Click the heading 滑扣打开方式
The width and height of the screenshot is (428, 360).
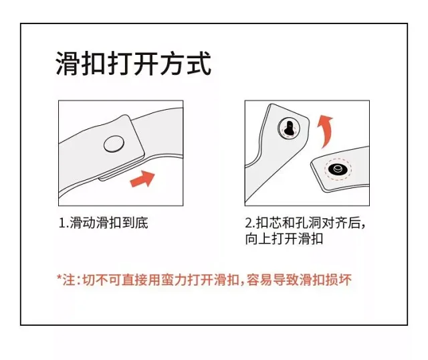(x=134, y=64)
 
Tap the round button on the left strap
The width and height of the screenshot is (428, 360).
(x=114, y=144)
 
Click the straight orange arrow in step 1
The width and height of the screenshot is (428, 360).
(x=142, y=179)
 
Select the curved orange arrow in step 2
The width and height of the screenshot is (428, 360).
(x=325, y=131)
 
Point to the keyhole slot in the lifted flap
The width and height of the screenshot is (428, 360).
(x=288, y=128)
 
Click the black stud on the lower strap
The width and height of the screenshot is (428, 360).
(x=337, y=169)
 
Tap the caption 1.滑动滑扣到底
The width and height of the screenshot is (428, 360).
(x=104, y=223)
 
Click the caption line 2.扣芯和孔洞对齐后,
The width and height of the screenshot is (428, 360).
(x=305, y=223)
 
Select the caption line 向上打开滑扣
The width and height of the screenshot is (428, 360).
(x=284, y=239)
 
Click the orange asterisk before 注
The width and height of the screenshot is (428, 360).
(x=60, y=278)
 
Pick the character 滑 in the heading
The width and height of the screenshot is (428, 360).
(x=68, y=64)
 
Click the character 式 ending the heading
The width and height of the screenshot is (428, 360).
(x=199, y=64)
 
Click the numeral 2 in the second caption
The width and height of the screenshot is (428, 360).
(x=249, y=223)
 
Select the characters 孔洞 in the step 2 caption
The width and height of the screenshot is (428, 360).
(x=308, y=223)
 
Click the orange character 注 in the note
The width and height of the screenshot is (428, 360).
(x=69, y=280)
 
